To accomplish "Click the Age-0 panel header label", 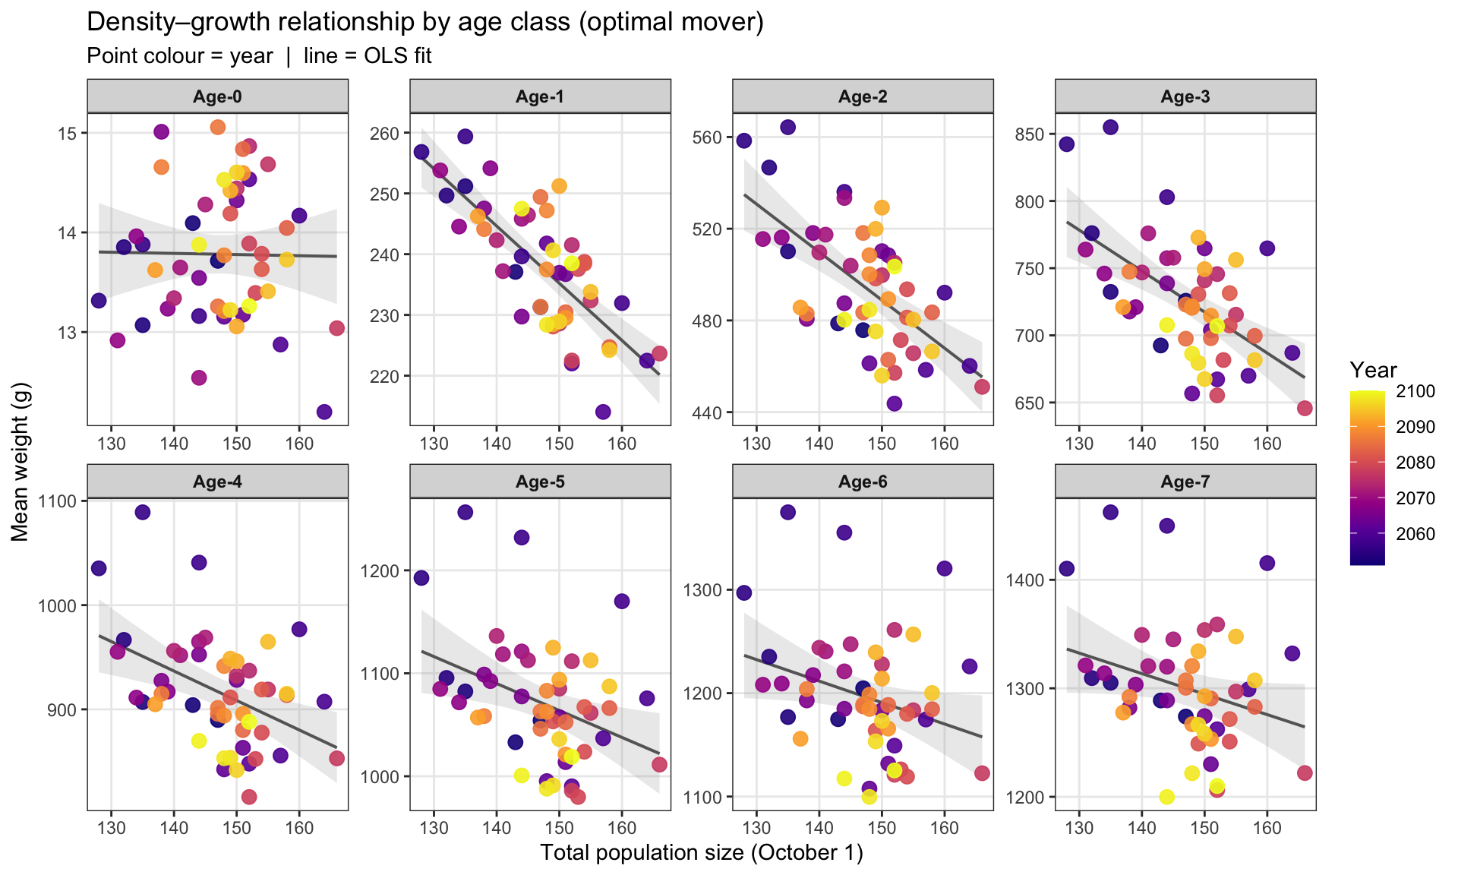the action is (x=217, y=96).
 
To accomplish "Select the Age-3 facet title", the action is (x=1185, y=96).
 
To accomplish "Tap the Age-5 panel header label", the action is (x=540, y=482).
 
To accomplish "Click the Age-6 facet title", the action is (x=863, y=482).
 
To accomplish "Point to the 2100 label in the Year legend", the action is (x=1415, y=391).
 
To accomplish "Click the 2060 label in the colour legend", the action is (x=1415, y=534).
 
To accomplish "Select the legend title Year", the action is (x=1373, y=370).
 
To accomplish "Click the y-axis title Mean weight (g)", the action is (x=21, y=461).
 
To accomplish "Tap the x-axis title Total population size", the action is (x=702, y=853).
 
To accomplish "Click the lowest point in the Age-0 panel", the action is (x=324, y=412).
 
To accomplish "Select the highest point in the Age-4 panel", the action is (x=143, y=512).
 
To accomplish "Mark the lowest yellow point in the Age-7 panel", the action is (x=1167, y=797).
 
